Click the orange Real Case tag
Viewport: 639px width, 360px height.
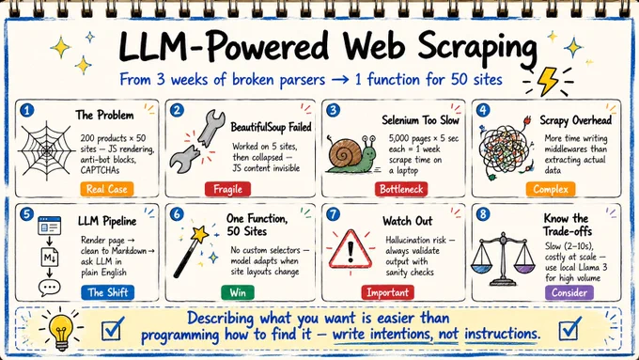point(107,189)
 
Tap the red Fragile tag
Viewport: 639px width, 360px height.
point(227,190)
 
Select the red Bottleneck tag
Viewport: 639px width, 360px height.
point(401,190)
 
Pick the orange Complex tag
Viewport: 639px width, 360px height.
point(551,190)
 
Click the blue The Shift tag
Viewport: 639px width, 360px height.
point(107,292)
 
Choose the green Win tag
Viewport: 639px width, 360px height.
point(238,292)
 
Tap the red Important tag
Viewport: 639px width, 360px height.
point(387,292)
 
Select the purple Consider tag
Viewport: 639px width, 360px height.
point(569,292)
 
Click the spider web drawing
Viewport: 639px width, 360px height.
point(47,150)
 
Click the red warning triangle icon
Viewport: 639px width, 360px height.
point(351,249)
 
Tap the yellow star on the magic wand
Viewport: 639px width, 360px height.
point(199,234)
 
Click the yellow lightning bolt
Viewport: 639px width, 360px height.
point(547,81)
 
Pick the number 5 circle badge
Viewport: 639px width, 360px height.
point(26,214)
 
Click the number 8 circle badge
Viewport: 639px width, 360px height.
point(483,214)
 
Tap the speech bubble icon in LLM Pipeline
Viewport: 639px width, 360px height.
point(49,289)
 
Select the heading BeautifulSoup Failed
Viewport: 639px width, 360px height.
point(271,127)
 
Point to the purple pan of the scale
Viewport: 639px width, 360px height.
point(524,269)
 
